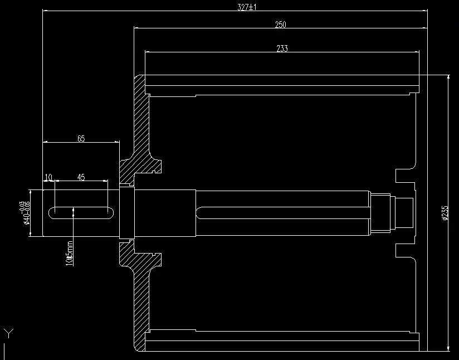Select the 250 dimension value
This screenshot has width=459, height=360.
280,25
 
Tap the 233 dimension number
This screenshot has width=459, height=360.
282,48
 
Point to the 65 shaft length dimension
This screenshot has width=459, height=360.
81,139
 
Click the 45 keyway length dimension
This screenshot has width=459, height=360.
81,177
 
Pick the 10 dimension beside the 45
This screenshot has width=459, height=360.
48,177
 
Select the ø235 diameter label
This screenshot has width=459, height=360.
445,213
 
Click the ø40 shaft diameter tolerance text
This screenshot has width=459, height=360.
25,213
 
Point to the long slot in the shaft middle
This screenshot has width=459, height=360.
284,213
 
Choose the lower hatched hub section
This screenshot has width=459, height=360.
139,284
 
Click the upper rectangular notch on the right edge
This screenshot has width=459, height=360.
404,175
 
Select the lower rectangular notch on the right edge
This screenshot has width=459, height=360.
404,250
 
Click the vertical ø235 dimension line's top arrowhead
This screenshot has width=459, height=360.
448,77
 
